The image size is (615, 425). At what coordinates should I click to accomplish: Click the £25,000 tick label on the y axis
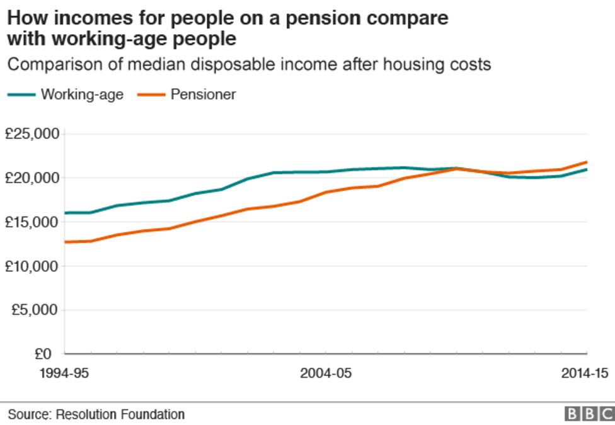click(32, 134)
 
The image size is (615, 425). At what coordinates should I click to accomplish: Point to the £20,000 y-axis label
click(32, 178)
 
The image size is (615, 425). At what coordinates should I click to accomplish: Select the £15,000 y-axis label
click(32, 222)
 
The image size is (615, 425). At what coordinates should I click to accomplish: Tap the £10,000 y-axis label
click(32, 266)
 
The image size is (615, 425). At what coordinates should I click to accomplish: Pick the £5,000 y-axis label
click(35, 310)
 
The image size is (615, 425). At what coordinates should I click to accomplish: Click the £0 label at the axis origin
click(47, 354)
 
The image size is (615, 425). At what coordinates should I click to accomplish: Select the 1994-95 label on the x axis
click(64, 373)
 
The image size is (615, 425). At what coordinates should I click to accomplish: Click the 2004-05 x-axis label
click(326, 373)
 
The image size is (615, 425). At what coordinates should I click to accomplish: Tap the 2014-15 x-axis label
click(585, 373)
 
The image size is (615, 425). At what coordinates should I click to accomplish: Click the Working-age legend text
click(82, 94)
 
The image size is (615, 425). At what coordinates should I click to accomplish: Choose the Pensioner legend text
click(203, 94)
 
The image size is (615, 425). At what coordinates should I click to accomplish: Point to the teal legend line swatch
click(21, 95)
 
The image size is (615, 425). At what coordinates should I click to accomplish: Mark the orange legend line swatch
click(149, 95)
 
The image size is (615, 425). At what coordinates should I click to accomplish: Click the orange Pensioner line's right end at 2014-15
click(587, 162)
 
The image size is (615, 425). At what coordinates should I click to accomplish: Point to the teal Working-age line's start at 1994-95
click(65, 213)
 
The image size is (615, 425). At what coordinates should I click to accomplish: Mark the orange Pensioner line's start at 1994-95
click(65, 242)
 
